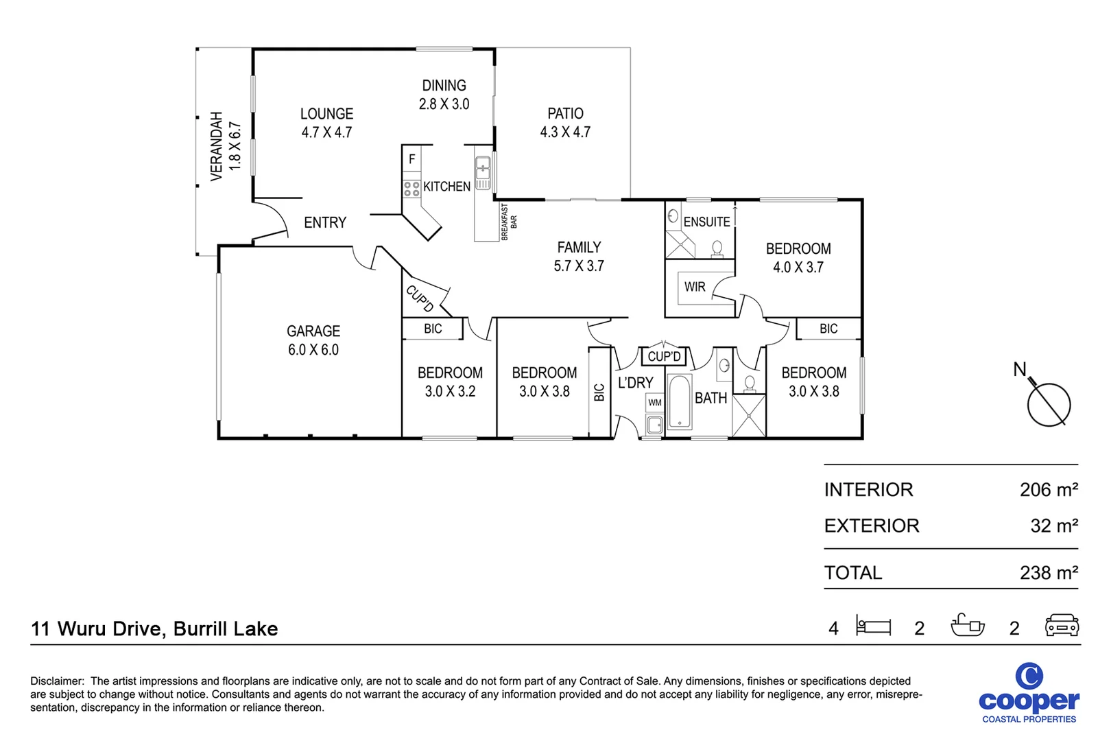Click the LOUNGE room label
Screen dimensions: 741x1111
click(x=326, y=114)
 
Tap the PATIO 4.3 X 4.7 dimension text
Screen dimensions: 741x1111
click(x=565, y=132)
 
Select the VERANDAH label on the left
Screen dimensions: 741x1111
click(x=217, y=146)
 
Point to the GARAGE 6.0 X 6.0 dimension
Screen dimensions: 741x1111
click(x=313, y=350)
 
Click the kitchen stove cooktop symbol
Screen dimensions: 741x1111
click(x=411, y=189)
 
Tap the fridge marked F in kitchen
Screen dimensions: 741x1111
click(x=412, y=159)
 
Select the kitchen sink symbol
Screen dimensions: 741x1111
click(x=483, y=167)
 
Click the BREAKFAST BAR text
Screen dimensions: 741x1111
click(x=508, y=222)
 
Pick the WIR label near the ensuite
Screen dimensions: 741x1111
click(x=695, y=287)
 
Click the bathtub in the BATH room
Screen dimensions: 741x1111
click(x=680, y=401)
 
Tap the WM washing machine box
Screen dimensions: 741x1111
click(x=655, y=403)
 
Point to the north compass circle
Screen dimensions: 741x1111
click(x=1049, y=405)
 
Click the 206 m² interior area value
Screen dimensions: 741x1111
click(x=1048, y=490)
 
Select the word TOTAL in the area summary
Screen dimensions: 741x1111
click(x=853, y=573)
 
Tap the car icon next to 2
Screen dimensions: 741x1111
click(x=1062, y=626)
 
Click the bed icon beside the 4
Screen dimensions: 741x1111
click(x=874, y=626)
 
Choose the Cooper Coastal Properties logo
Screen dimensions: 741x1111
click(x=1029, y=693)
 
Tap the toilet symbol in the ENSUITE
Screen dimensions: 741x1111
click(x=717, y=248)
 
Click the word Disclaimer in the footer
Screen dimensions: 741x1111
click(x=56, y=681)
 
